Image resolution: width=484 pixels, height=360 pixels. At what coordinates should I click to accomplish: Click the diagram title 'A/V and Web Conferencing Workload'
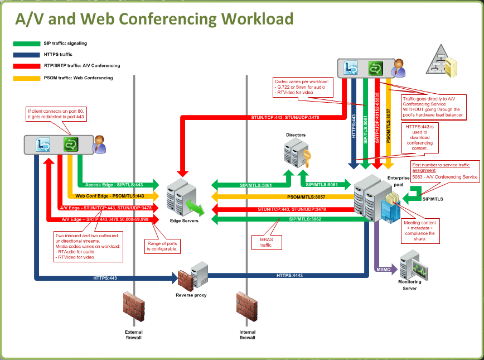point(154,18)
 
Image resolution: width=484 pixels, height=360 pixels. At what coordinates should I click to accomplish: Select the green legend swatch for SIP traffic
point(26,44)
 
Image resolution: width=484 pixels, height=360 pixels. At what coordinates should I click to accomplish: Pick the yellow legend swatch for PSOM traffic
point(26,78)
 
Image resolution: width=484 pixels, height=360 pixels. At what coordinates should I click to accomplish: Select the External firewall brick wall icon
point(133,308)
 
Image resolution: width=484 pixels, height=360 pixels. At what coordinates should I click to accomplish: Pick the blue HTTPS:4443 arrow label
point(290,275)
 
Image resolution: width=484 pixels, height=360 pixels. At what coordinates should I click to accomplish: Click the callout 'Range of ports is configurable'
point(162,246)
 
